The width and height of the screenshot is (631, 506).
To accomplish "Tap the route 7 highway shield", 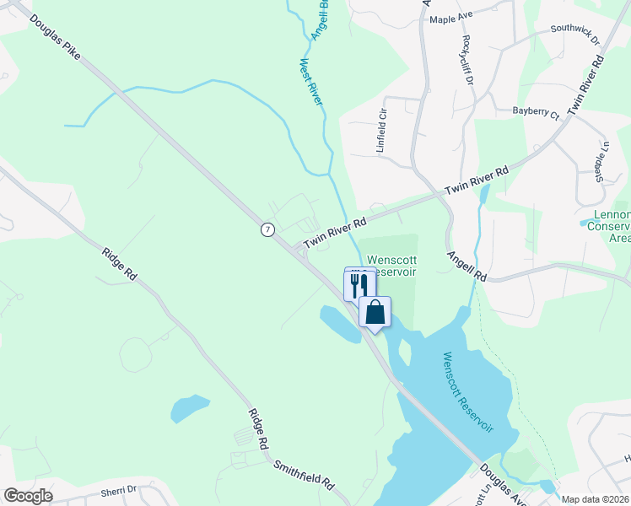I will tap(267, 229).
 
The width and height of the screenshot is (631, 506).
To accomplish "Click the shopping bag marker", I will tap(375, 311).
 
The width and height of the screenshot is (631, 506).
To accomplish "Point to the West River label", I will tap(312, 81).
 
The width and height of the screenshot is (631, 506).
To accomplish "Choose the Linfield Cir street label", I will tap(381, 132).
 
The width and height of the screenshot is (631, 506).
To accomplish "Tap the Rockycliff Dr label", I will tap(467, 58).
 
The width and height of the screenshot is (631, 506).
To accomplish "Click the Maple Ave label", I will tap(451, 19).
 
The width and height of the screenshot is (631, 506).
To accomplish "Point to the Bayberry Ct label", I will tap(536, 112).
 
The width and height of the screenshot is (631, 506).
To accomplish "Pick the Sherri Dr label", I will tap(118, 490).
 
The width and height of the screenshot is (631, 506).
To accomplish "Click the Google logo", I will tap(28, 496).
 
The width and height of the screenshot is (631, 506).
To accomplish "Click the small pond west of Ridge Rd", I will tap(190, 408).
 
